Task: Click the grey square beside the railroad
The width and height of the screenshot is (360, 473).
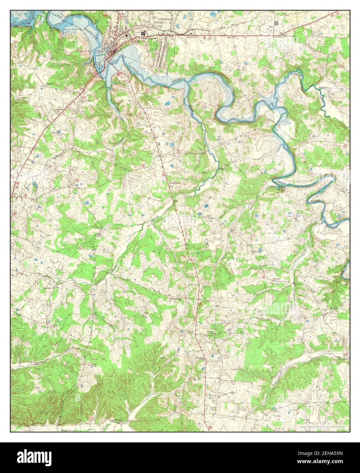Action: (x=280, y=23)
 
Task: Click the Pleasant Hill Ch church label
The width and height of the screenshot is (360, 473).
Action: (x=176, y=299)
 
